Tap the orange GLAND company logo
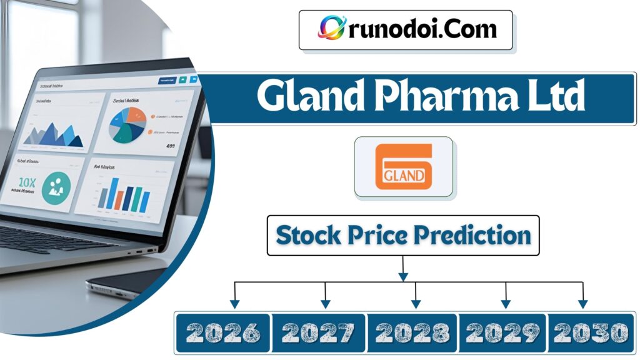[404, 167]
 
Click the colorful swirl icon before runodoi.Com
[331, 28]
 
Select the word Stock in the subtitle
[308, 236]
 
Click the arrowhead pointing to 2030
[582, 304]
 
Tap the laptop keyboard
[50, 238]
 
